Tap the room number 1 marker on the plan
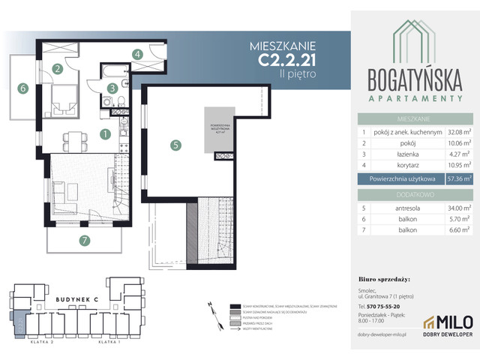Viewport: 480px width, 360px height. click(106, 134)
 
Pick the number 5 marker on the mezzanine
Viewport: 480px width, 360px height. click(175, 146)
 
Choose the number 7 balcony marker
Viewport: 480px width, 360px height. click(85, 240)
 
